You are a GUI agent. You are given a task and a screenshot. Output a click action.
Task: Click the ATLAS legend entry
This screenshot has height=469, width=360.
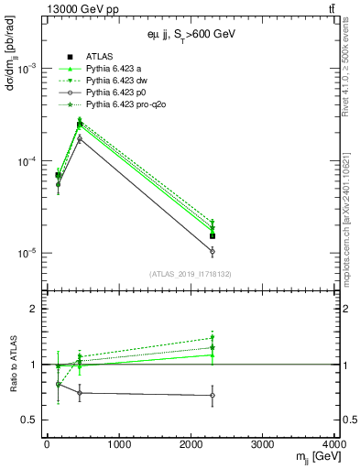[98, 59]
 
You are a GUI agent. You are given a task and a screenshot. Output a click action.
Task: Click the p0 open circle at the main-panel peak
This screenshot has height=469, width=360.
[80, 139]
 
